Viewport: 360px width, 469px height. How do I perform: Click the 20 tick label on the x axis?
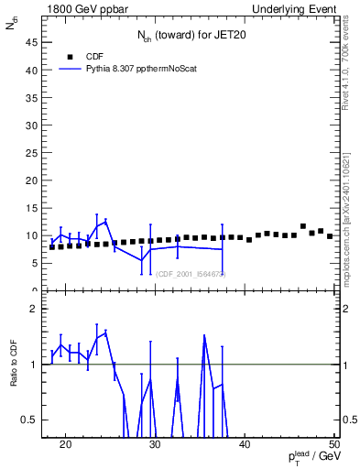(x=65, y=445)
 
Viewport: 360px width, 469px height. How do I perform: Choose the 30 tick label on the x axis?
(x=155, y=445)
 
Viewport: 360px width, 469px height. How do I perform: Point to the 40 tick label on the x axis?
(x=245, y=445)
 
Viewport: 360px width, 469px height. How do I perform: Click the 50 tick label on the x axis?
(x=334, y=445)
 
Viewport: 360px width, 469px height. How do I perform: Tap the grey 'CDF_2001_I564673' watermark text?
(x=191, y=273)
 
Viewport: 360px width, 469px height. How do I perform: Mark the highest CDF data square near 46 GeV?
(x=303, y=226)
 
